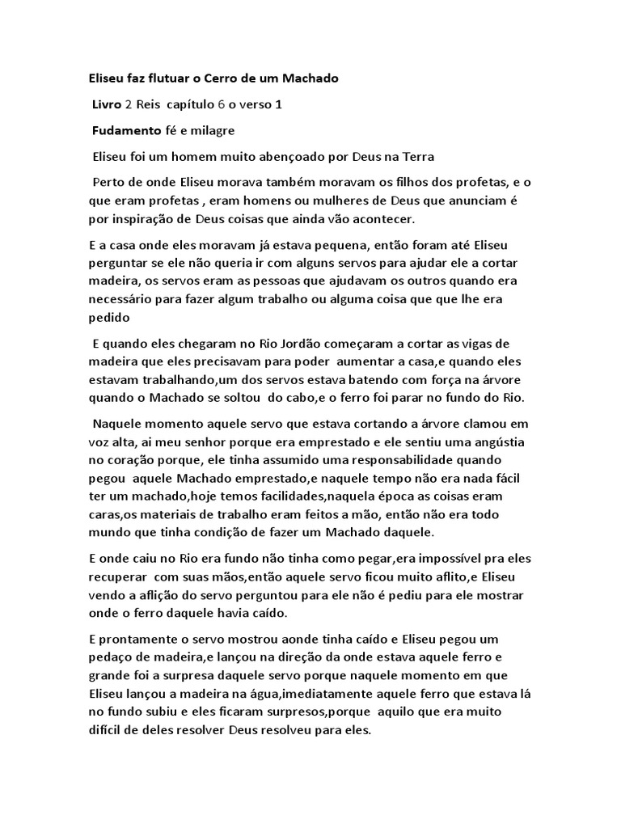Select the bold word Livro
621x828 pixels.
(x=106, y=105)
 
